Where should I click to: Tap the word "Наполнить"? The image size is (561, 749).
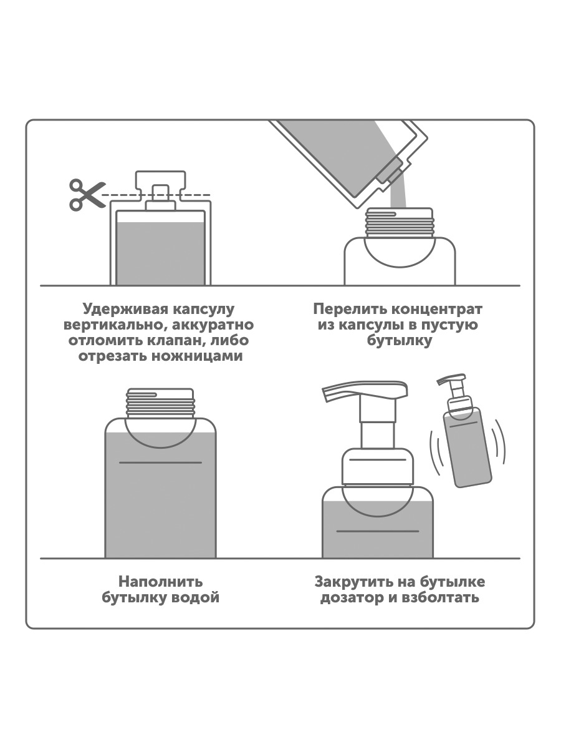[161, 582]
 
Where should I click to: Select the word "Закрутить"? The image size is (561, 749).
[354, 582]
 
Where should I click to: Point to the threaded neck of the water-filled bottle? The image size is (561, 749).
[161, 403]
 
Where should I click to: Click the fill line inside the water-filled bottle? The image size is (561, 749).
[161, 463]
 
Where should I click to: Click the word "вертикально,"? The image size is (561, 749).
[112, 325]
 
